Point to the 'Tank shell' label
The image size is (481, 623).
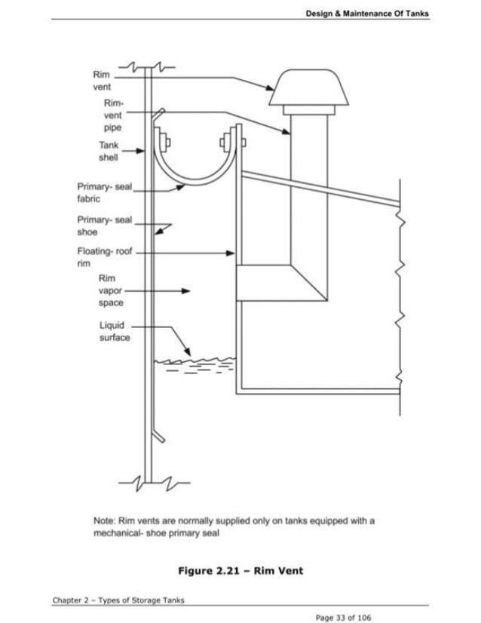point(108,151)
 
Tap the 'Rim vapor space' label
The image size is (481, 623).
point(109,290)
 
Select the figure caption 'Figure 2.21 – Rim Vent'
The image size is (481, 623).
point(240,570)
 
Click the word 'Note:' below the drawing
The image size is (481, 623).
point(104,520)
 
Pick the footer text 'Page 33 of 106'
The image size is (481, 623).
point(345,617)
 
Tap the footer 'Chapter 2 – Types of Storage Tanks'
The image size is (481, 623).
point(118,600)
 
